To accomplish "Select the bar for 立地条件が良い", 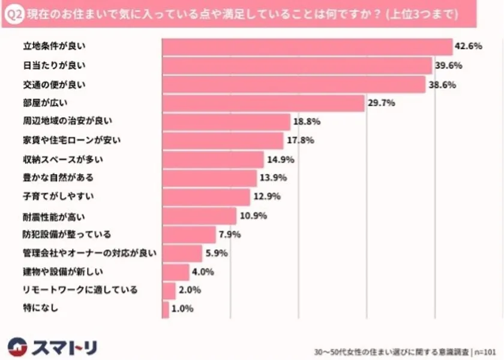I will (307, 47).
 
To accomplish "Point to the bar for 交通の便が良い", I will (293, 85).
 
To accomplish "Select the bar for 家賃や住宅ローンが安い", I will (223, 140).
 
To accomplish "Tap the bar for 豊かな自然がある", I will (209, 178).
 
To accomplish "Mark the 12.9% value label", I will (266, 196).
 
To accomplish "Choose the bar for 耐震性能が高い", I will (199, 215).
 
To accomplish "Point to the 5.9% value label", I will (216, 253).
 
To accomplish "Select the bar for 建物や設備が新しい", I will (176, 272).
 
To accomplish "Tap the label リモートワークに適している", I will (76, 290).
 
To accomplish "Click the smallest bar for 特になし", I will (166, 309).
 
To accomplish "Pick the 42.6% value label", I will (469, 47).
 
